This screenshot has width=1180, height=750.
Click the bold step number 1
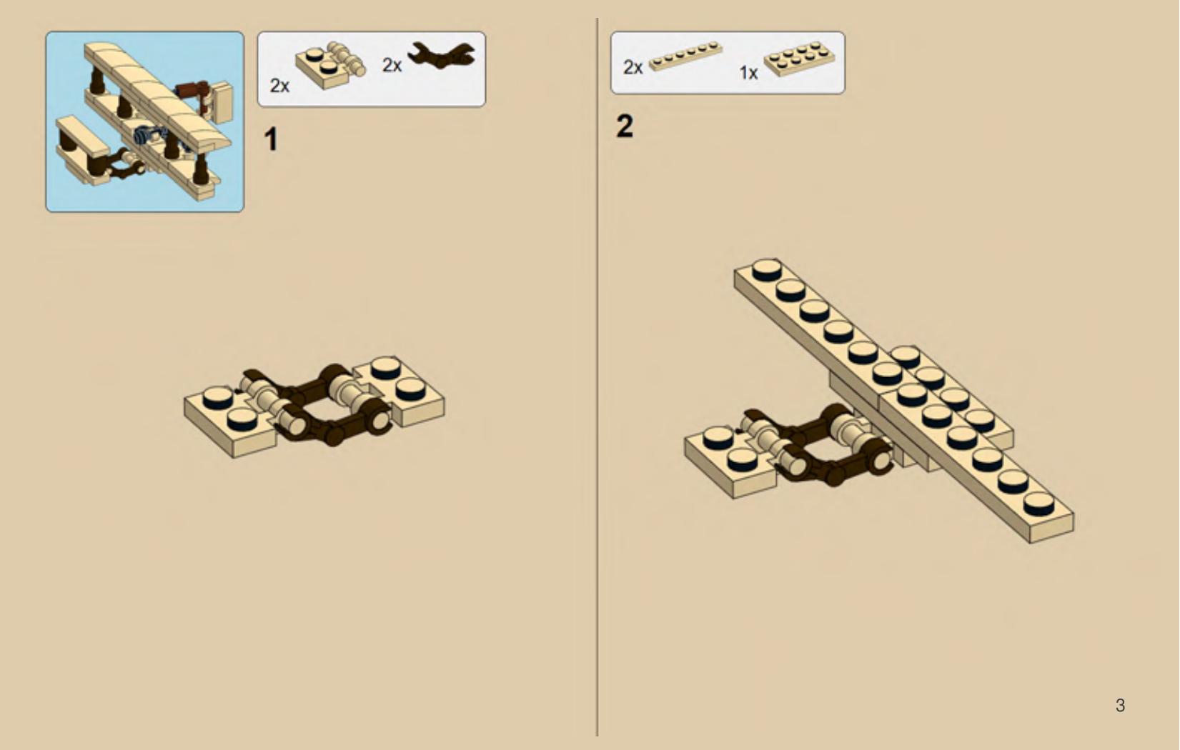271,140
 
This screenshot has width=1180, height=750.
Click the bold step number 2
625,127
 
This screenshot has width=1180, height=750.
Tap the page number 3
1121,705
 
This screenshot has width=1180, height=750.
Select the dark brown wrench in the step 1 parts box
442,55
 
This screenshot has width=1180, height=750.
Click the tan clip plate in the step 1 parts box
330,66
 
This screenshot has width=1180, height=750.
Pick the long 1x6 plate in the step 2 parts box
685,56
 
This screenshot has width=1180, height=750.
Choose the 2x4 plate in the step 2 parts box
799,59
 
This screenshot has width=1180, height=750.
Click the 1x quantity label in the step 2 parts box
748,73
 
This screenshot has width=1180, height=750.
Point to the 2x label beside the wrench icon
392,66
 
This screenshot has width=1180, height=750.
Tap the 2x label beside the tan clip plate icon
279,86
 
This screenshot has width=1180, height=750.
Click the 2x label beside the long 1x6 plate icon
633,67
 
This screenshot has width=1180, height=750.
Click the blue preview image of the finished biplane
145,121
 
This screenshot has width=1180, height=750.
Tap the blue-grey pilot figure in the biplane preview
145,135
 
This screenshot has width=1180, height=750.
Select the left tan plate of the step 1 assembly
229,420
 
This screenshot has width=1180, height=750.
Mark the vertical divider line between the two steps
598,377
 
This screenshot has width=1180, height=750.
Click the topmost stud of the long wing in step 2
767,269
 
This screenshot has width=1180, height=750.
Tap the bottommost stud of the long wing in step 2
1038,504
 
